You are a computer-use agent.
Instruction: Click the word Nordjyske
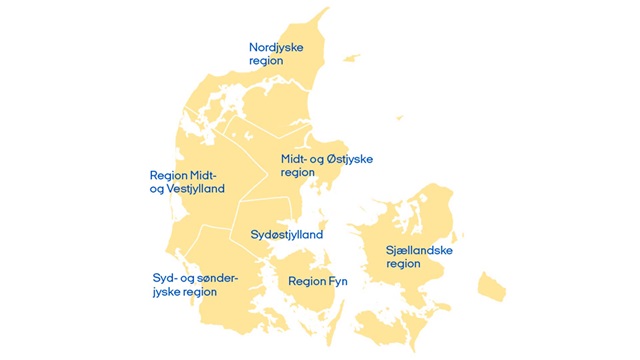(x=276, y=47)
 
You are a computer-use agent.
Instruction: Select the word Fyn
(x=338, y=282)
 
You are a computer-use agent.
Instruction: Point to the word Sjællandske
(x=417, y=250)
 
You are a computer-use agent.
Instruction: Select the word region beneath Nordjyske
(x=266, y=61)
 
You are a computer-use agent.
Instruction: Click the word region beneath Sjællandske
(x=403, y=264)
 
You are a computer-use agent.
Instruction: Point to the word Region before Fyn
(x=306, y=282)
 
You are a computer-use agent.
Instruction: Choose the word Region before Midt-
(x=168, y=174)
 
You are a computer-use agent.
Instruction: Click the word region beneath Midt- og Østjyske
(x=297, y=172)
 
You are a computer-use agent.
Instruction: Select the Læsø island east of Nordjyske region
(x=350, y=56)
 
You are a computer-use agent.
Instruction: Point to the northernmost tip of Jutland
(x=326, y=11)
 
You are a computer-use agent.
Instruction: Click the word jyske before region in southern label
(x=168, y=292)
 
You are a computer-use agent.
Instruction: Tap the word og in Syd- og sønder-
(x=184, y=277)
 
